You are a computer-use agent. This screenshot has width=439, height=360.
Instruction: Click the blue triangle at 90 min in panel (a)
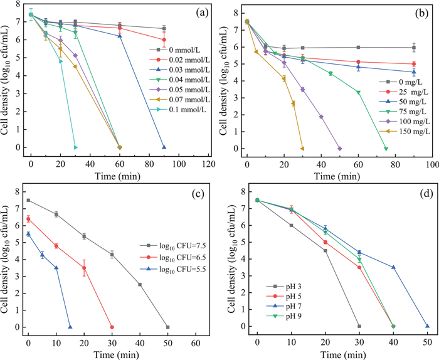(x=164, y=147)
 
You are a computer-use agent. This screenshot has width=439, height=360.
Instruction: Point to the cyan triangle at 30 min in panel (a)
(x=75, y=147)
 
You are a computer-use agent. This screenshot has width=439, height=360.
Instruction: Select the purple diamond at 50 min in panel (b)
(x=339, y=149)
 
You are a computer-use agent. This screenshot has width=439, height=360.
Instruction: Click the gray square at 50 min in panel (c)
(x=167, y=327)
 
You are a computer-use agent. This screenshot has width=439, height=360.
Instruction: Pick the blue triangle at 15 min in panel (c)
(x=70, y=327)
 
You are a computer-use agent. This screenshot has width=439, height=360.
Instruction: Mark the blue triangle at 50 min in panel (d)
(x=427, y=326)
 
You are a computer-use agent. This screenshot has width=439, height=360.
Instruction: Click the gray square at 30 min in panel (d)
(x=359, y=326)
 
